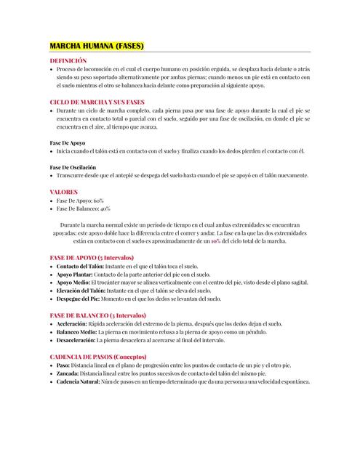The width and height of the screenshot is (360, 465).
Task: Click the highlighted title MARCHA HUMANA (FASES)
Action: (x=97, y=46)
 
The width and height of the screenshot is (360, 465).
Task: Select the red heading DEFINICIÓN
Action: (x=68, y=60)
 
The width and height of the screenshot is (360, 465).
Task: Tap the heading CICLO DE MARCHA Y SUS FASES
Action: (x=97, y=102)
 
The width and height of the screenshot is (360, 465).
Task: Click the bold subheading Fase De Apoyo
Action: (x=68, y=143)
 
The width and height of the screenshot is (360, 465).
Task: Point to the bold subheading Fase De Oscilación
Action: (x=73, y=168)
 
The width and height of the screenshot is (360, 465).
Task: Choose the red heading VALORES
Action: (x=63, y=192)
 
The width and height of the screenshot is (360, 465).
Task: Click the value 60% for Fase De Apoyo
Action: (x=98, y=200)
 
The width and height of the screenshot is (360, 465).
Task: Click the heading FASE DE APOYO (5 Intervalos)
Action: (x=92, y=258)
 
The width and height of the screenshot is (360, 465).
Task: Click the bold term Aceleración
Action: (x=72, y=323)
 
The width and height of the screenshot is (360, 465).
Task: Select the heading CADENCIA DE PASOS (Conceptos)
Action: (x=97, y=357)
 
